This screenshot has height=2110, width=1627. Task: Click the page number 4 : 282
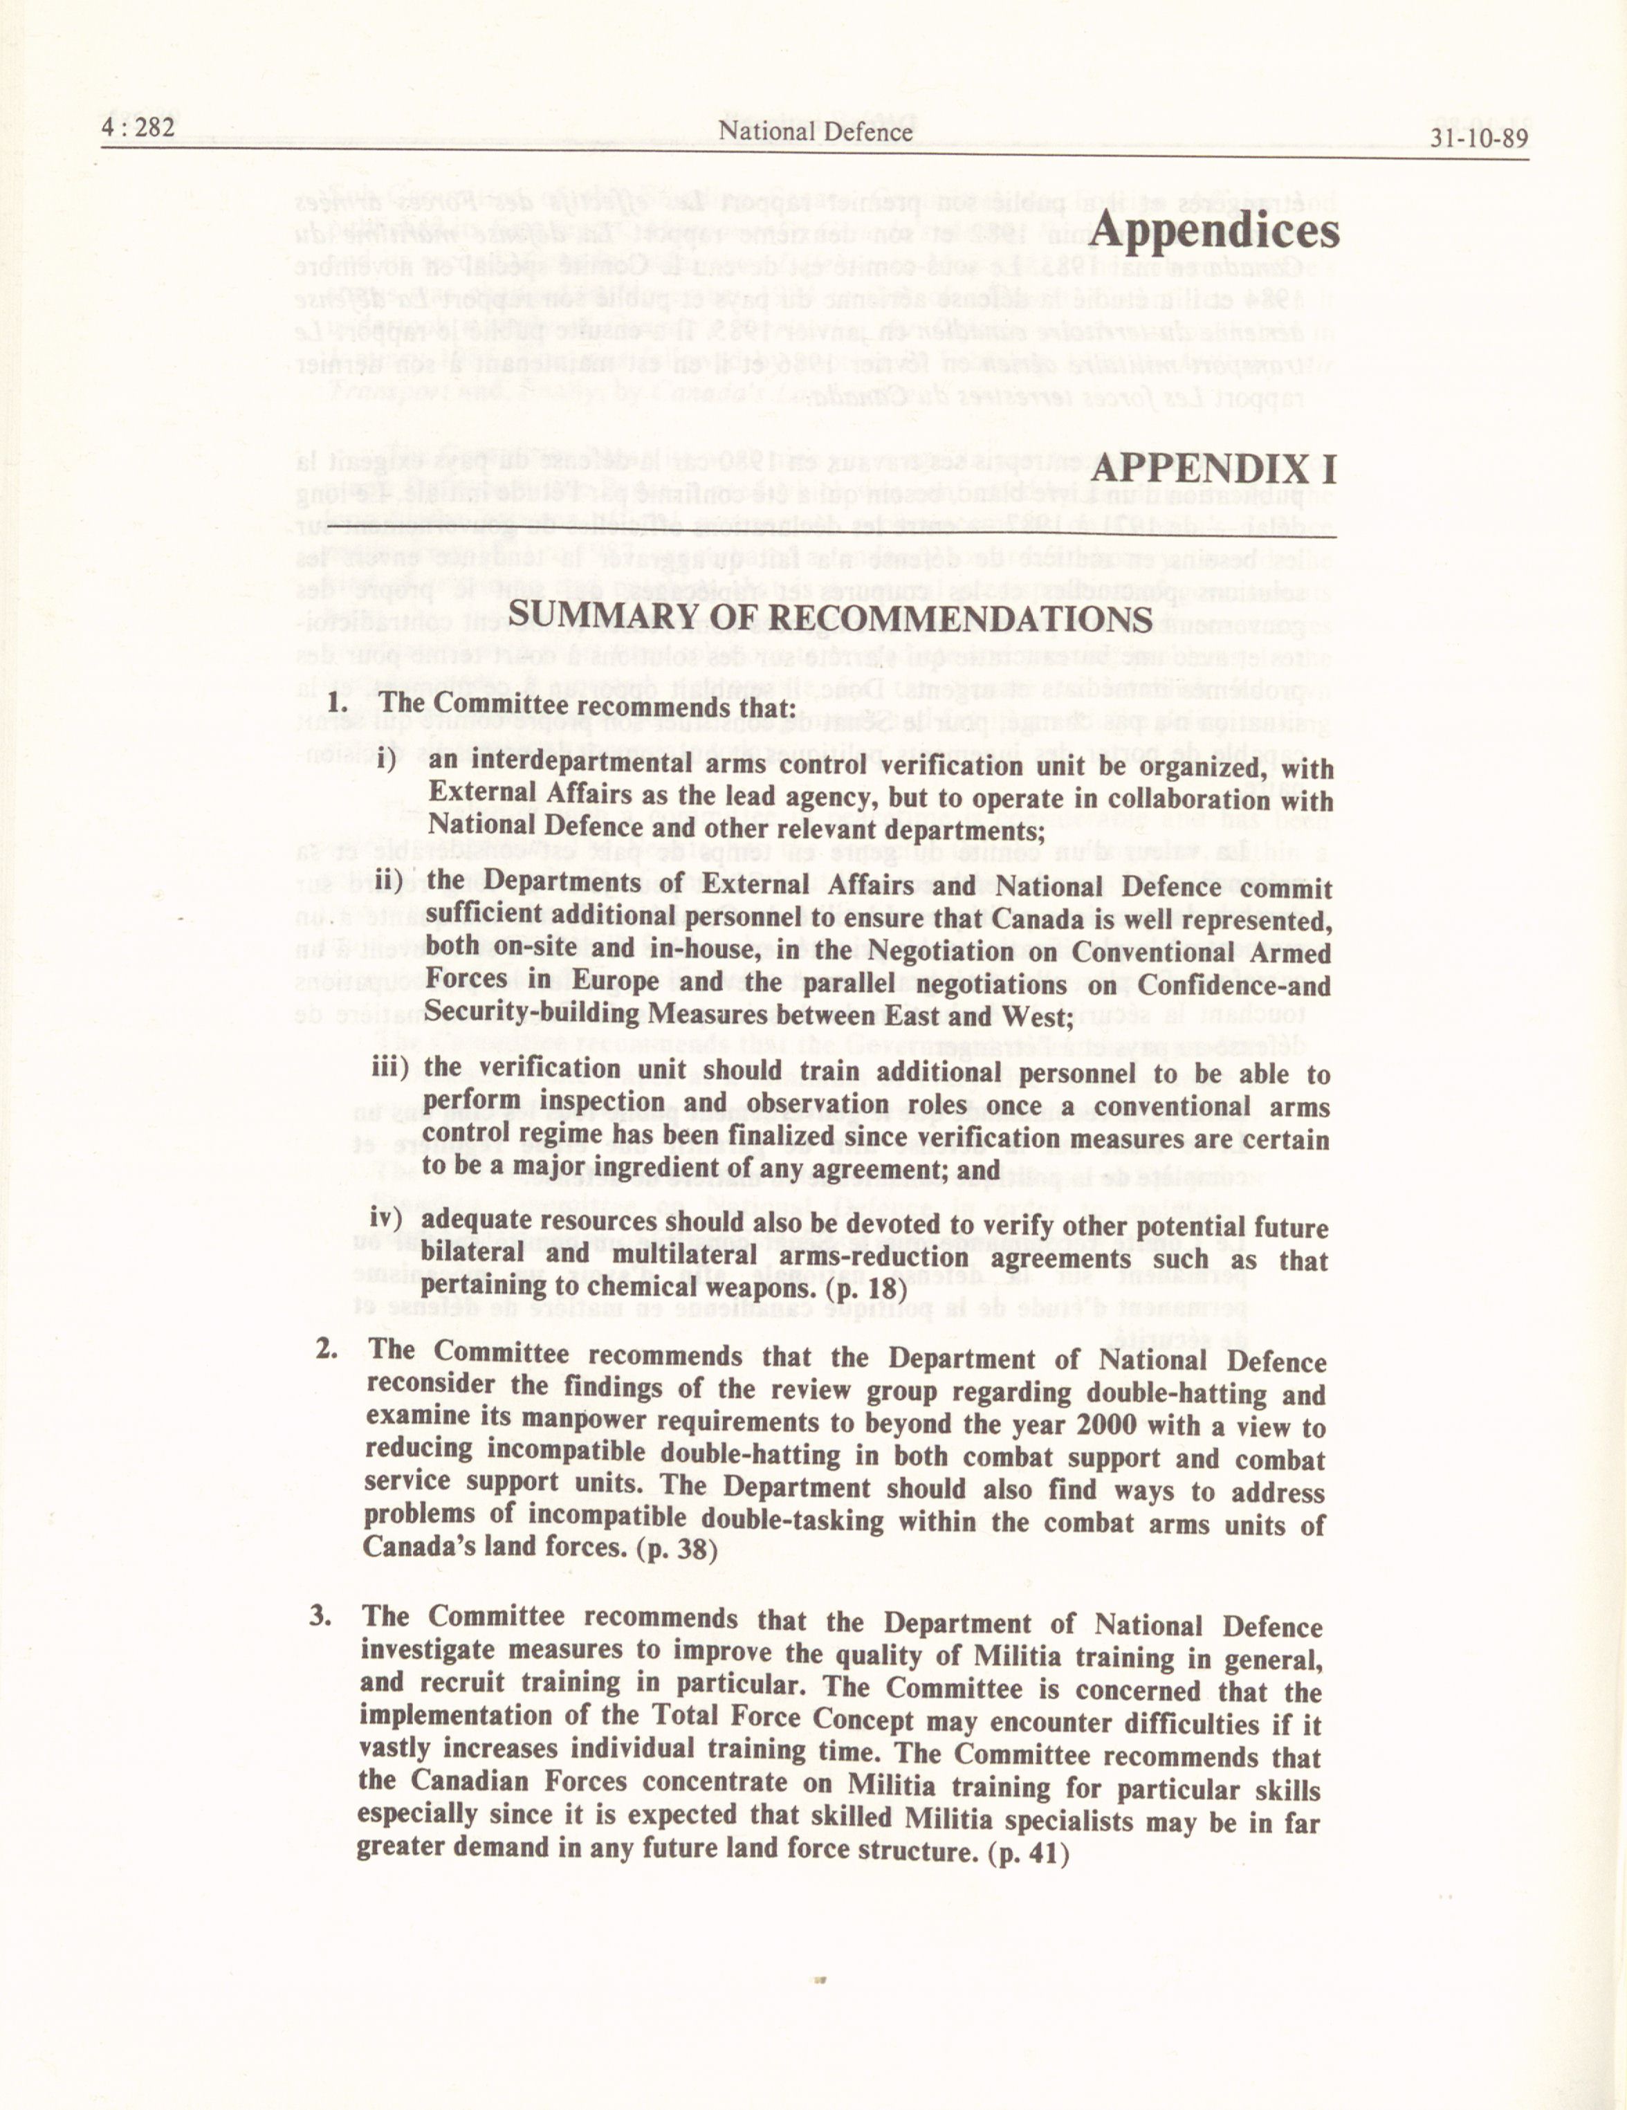point(138,129)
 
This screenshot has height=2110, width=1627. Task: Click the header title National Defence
point(816,132)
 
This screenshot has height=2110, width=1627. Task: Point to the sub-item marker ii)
point(392,881)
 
